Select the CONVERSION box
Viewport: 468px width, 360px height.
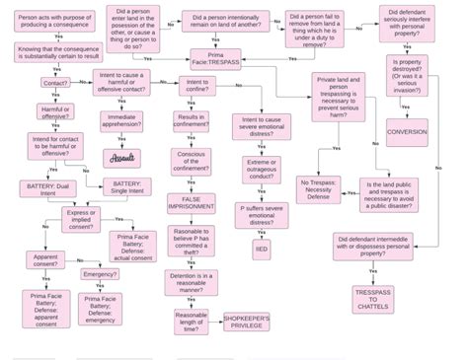(x=407, y=132)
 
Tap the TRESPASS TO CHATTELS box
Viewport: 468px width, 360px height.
(x=372, y=299)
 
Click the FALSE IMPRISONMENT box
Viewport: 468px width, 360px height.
(x=191, y=203)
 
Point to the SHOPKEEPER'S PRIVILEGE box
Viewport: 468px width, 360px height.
(x=247, y=323)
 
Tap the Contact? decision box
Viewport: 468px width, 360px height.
(x=55, y=83)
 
